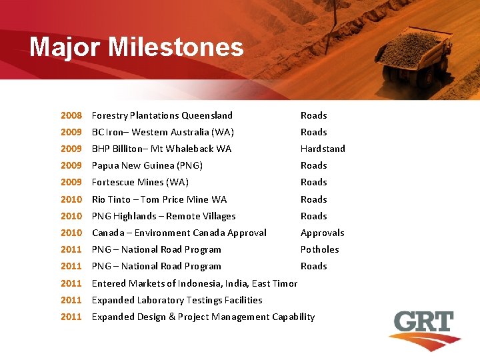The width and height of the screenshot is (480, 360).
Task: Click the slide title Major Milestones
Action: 137,47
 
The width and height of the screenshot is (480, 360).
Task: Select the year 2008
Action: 71,115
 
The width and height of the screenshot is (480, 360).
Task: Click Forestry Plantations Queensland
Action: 162,115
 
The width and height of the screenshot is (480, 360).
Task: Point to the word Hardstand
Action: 323,149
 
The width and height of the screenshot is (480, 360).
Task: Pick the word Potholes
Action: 319,249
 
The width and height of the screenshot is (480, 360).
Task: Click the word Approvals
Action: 322,233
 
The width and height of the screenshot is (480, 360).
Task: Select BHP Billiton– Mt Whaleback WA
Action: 161,149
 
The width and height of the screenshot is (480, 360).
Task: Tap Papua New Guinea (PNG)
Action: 147,165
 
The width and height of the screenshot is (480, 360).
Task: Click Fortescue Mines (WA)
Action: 140,182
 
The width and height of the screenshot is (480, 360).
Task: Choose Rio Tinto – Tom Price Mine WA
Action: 159,199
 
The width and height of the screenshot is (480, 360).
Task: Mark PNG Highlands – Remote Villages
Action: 163,216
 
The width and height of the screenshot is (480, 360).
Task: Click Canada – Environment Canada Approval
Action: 179,233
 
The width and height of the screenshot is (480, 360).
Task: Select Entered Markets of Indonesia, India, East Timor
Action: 195,283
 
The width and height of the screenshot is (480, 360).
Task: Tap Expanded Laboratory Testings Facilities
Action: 177,300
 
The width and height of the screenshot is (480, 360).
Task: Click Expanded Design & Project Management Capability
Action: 203,317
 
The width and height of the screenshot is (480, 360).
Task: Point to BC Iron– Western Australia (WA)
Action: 163,132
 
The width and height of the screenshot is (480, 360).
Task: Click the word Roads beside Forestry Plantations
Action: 313,115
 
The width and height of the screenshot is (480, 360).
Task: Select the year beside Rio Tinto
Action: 71,199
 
